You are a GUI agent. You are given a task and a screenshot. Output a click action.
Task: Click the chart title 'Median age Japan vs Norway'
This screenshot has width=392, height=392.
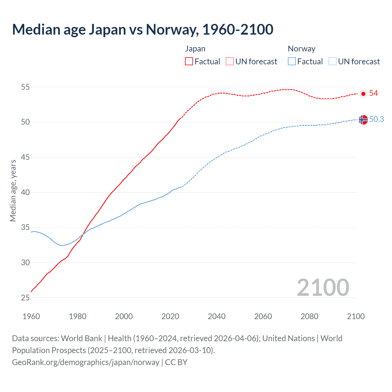(x=142, y=30)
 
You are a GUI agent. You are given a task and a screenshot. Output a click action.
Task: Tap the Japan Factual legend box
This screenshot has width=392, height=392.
(x=189, y=62)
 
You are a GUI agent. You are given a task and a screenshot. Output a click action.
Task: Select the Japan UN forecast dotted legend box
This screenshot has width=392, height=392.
(x=230, y=62)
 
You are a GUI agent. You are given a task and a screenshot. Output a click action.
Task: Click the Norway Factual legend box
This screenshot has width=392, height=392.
(x=292, y=62)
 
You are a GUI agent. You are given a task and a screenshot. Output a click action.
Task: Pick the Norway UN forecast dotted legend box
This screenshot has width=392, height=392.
(x=332, y=62)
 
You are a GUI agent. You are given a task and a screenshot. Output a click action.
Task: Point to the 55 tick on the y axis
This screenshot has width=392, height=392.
(x=25, y=87)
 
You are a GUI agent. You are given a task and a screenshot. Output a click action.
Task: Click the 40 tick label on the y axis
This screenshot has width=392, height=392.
(x=25, y=193)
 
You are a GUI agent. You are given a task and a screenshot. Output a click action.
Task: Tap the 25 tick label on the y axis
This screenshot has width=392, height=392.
(x=25, y=298)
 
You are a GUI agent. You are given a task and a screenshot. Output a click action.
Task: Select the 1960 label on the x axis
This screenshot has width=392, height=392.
(x=31, y=316)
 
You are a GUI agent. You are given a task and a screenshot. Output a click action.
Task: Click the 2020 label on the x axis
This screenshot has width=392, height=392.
(x=170, y=316)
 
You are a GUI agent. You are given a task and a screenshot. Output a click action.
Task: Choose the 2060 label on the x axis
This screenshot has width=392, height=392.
(x=263, y=316)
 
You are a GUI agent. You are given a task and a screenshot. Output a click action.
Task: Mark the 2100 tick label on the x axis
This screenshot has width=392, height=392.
(x=356, y=316)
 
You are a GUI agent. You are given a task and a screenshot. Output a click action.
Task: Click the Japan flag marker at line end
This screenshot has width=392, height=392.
(x=363, y=94)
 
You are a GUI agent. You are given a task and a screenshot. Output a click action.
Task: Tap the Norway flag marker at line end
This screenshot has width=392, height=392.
(x=363, y=120)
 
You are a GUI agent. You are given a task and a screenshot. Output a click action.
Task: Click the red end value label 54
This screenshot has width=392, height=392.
(x=374, y=93)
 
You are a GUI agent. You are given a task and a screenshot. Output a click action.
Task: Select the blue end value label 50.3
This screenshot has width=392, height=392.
(x=377, y=119)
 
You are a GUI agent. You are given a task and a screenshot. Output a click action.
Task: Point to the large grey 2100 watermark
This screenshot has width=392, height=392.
(x=323, y=288)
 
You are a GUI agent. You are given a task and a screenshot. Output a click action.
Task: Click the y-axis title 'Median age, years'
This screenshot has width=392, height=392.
(x=13, y=190)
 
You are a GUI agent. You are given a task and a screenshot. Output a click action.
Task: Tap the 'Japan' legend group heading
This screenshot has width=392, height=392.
(x=195, y=49)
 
